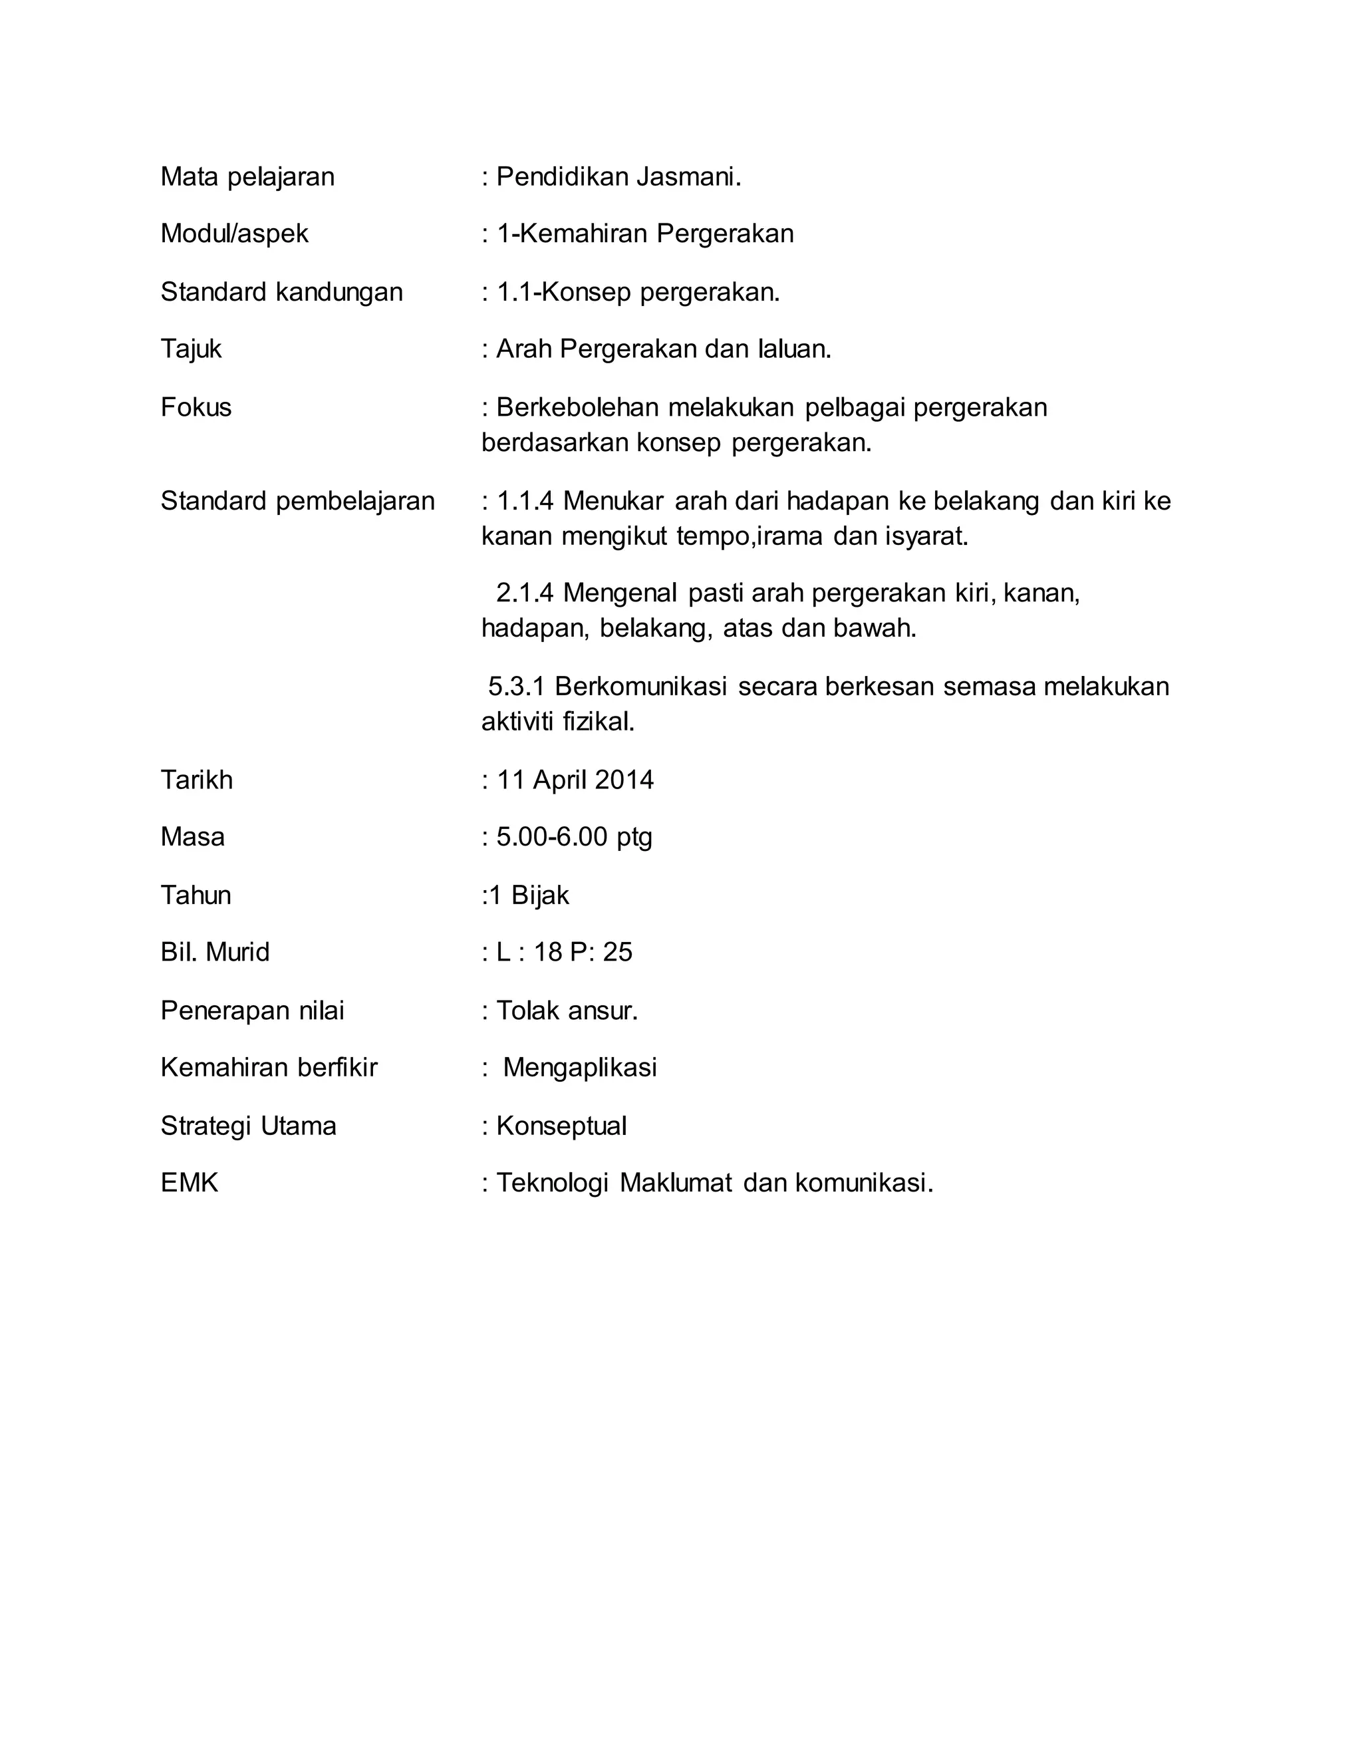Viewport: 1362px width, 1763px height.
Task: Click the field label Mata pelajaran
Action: click(247, 177)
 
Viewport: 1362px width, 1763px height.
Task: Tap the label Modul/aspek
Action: click(234, 234)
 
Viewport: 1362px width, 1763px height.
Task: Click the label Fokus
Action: click(196, 408)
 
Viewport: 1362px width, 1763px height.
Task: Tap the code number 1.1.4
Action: click(525, 502)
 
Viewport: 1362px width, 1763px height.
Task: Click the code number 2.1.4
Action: click(525, 593)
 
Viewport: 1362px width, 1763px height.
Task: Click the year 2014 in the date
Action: click(624, 780)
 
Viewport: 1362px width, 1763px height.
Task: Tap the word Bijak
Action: click(540, 895)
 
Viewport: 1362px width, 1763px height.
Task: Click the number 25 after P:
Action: click(617, 953)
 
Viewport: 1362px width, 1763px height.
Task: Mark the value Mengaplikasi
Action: click(579, 1068)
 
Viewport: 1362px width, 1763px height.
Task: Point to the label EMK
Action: click(189, 1183)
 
